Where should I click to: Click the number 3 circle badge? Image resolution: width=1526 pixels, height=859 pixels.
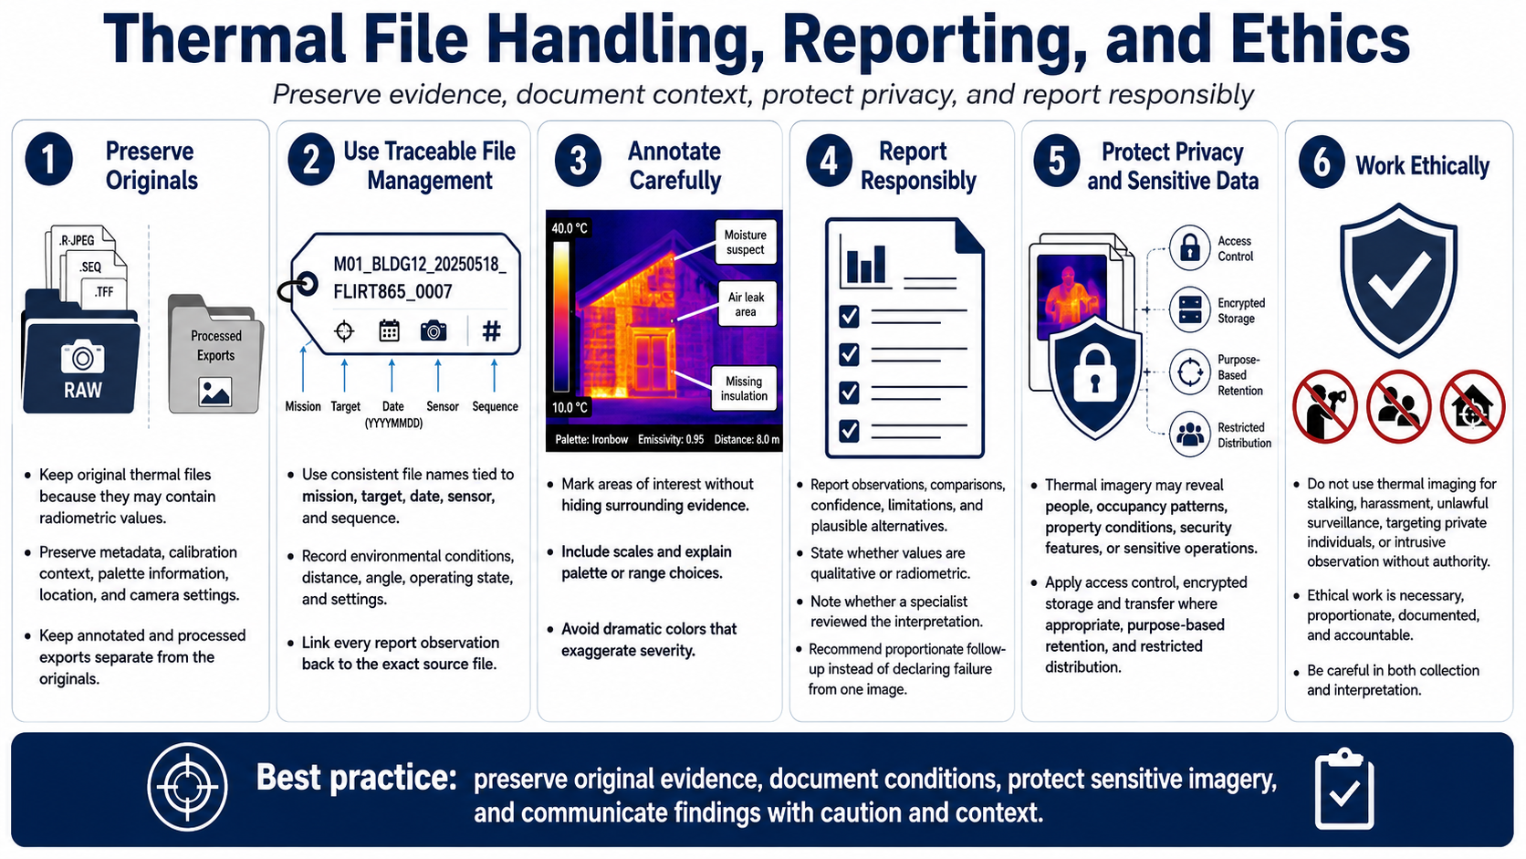[x=578, y=162]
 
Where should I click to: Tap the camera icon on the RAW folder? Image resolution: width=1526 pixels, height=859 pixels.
[x=82, y=356]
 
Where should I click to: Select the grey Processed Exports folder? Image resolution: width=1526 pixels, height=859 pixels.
[x=215, y=354]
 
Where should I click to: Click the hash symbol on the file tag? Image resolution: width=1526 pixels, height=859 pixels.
[x=491, y=331]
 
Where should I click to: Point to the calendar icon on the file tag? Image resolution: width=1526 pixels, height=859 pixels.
[x=389, y=330]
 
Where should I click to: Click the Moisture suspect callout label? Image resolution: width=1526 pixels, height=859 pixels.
[x=746, y=243]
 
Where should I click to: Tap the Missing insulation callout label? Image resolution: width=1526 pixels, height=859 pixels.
[x=744, y=388]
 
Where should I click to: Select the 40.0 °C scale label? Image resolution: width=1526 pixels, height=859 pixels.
[x=569, y=228]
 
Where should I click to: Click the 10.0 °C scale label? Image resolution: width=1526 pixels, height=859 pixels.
[x=569, y=407]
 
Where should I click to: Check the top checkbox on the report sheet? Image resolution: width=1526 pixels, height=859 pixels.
[x=849, y=316]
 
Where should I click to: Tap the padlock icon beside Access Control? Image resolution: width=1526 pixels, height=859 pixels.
[x=1189, y=247]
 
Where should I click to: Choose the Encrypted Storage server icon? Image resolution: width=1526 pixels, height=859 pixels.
[x=1189, y=309]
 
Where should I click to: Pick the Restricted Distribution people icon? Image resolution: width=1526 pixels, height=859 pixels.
[x=1189, y=434]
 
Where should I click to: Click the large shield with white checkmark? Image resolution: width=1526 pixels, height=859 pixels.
[x=1398, y=280]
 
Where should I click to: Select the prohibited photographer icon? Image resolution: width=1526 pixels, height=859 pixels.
[x=1324, y=407]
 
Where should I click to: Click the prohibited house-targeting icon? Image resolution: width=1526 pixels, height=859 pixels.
[x=1472, y=407]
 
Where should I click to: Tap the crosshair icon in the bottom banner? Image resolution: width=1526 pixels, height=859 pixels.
[x=187, y=787]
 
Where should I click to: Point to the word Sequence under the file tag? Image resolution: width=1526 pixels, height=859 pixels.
[x=496, y=407]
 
